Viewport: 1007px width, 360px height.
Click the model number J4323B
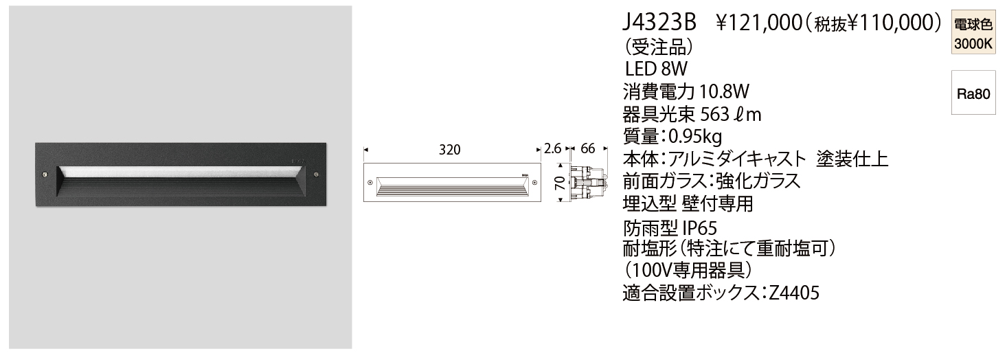click(x=658, y=23)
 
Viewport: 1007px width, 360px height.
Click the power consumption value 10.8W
click(x=723, y=91)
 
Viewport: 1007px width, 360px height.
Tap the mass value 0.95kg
click(x=692, y=136)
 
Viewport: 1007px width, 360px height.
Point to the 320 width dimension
click(x=449, y=149)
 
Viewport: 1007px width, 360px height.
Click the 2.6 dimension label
click(x=553, y=149)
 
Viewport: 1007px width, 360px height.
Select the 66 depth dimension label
click(x=588, y=149)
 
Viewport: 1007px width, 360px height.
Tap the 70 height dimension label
click(x=560, y=183)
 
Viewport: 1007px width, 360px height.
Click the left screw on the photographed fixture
click(x=45, y=174)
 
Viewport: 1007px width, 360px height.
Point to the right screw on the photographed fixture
click(x=316, y=173)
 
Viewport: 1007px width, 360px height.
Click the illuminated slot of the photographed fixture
click(x=180, y=170)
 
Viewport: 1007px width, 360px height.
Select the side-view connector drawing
click(x=588, y=183)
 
